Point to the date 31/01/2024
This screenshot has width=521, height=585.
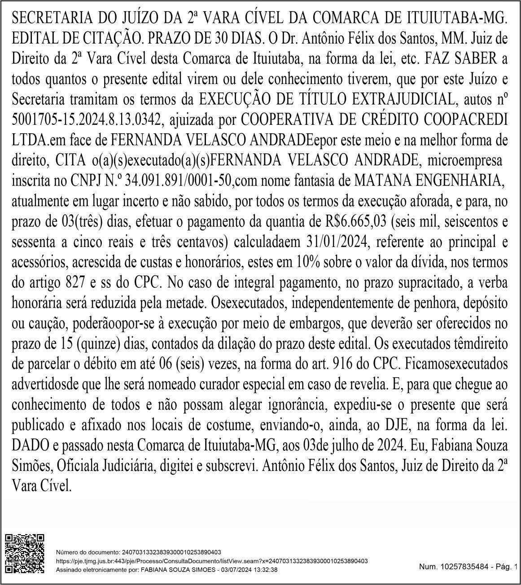[338, 242]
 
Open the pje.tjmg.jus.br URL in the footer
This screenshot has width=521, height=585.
[211, 561]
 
